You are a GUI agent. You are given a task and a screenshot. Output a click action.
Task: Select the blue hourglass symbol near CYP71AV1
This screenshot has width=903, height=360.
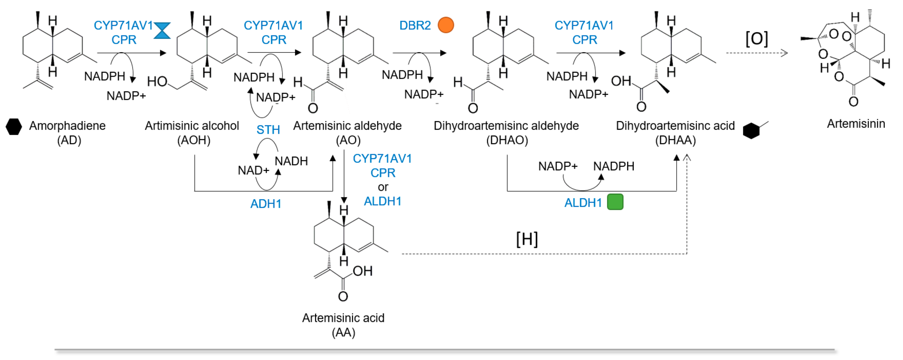click(162, 30)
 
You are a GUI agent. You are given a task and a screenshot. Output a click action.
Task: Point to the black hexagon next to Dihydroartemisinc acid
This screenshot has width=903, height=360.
click(751, 131)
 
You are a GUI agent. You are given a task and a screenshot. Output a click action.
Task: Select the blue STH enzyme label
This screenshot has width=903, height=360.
click(268, 130)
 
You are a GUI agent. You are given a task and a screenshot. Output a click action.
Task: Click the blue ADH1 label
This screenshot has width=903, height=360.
click(266, 204)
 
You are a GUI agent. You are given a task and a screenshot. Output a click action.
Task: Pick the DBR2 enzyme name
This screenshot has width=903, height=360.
click(415, 26)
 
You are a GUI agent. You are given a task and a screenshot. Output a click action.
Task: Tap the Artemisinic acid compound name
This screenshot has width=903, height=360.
click(343, 318)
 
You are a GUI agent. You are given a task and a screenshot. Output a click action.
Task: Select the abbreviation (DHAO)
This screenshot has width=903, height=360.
click(507, 140)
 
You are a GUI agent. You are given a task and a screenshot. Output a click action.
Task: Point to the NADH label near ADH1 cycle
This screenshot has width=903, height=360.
click(291, 161)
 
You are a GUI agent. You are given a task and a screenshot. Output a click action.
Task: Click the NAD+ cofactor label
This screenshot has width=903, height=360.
click(253, 170)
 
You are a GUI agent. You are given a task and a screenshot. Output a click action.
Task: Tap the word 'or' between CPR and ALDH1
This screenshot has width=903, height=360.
click(383, 187)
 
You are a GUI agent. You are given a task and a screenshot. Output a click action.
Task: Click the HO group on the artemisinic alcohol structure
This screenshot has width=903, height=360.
click(157, 82)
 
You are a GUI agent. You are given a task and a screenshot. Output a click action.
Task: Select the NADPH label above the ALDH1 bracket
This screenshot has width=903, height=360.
click(614, 166)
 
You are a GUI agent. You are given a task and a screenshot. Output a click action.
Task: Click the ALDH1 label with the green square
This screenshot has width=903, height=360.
click(583, 203)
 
